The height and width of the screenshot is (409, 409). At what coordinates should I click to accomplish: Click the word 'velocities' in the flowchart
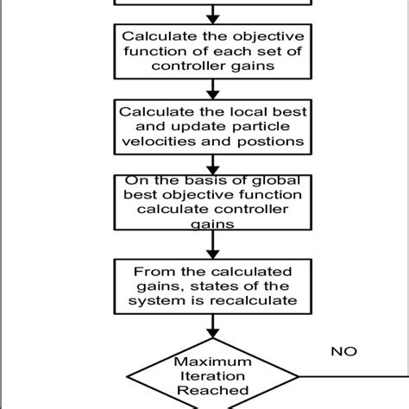pyautogui.click(x=153, y=142)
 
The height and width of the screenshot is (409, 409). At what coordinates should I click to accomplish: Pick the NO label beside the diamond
pyautogui.click(x=343, y=352)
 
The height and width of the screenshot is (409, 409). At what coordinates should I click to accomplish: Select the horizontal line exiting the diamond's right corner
pyautogui.click(x=354, y=376)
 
